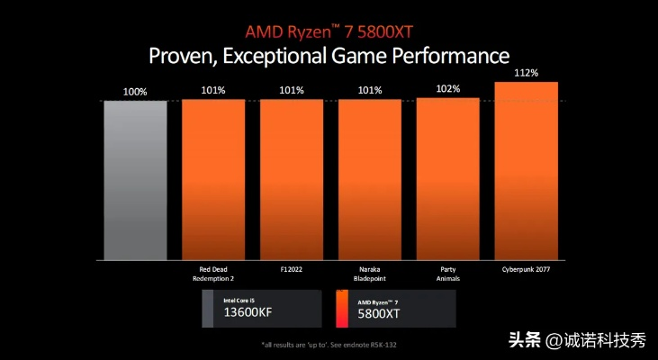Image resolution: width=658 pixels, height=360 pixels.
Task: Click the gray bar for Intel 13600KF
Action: pyautogui.click(x=135, y=180)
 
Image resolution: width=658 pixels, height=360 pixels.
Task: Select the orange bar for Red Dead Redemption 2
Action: pyautogui.click(x=213, y=180)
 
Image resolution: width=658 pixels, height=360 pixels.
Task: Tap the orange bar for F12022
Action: pyautogui.click(x=292, y=180)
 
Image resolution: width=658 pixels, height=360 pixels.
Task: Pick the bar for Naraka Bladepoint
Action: pyautogui.click(x=369, y=180)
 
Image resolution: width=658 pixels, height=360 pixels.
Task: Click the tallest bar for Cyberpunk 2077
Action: pyautogui.click(x=526, y=171)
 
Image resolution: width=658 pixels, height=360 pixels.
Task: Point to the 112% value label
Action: pyautogui.click(x=527, y=73)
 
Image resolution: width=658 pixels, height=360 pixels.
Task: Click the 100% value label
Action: pyautogui.click(x=135, y=91)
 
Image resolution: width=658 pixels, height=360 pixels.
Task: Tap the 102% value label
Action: pyautogui.click(x=448, y=89)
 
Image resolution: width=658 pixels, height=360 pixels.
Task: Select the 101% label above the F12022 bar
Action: pyautogui.click(x=292, y=90)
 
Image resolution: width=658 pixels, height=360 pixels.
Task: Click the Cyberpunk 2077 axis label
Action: pyautogui.click(x=527, y=268)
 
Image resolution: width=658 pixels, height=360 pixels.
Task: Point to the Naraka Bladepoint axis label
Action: pyautogui.click(x=370, y=273)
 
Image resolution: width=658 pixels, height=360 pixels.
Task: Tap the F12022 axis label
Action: pyautogui.click(x=292, y=268)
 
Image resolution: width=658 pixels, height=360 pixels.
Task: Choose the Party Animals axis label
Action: pyautogui.click(x=448, y=273)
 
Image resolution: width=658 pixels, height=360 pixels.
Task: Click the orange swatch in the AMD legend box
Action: pyautogui.click(x=341, y=308)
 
